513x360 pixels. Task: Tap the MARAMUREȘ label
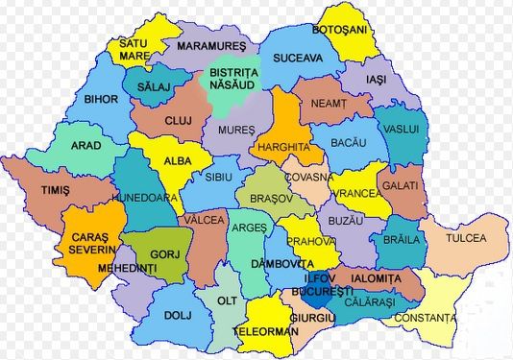211,45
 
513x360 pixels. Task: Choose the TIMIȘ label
55,191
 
